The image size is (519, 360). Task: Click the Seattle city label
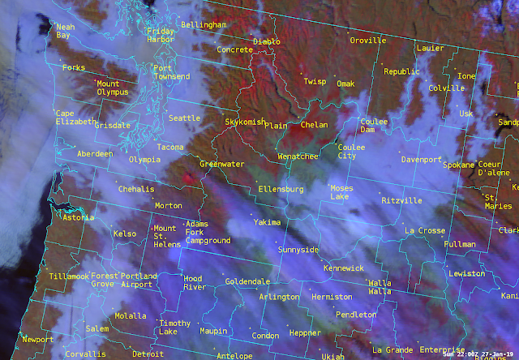pyautogui.click(x=184, y=118)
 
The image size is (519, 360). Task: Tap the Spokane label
pyautogui.click(x=460, y=165)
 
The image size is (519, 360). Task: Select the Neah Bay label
pyautogui.click(x=65, y=32)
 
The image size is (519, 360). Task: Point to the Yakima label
pyautogui.click(x=267, y=221)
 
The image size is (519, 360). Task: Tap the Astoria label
pyautogui.click(x=79, y=218)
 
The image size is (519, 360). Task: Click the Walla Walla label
pyautogui.click(x=380, y=287)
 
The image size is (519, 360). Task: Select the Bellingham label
pyautogui.click(x=204, y=25)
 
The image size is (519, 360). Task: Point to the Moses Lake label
pyautogui.click(x=341, y=193)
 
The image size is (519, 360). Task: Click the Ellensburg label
pyautogui.click(x=280, y=189)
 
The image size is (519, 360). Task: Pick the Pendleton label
pyautogui.click(x=356, y=315)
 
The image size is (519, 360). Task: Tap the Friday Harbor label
pyautogui.click(x=160, y=36)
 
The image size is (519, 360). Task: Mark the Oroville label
pyautogui.click(x=368, y=41)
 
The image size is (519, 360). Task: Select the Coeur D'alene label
pyautogui.click(x=495, y=168)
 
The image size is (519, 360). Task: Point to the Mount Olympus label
pyautogui.click(x=119, y=88)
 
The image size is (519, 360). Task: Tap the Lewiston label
pyautogui.click(x=466, y=274)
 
